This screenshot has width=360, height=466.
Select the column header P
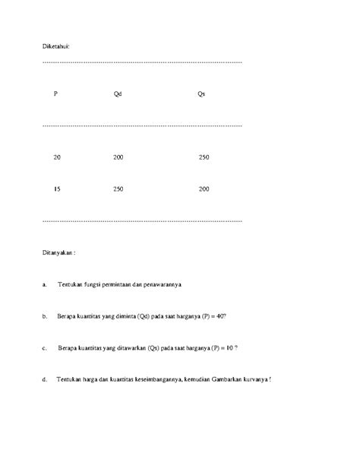(55, 94)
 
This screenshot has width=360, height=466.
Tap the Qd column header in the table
(118, 94)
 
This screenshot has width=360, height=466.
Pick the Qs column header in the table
(201, 94)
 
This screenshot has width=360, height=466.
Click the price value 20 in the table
(57, 157)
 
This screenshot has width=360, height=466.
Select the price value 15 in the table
(57, 188)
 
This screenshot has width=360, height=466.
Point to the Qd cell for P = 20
(118, 157)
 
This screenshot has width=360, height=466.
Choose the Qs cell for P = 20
(203, 157)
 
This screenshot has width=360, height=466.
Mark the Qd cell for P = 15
(118, 188)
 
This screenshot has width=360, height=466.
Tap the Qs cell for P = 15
(203, 188)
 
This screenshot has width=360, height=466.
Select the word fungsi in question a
(97, 285)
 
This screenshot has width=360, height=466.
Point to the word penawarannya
(163, 285)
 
